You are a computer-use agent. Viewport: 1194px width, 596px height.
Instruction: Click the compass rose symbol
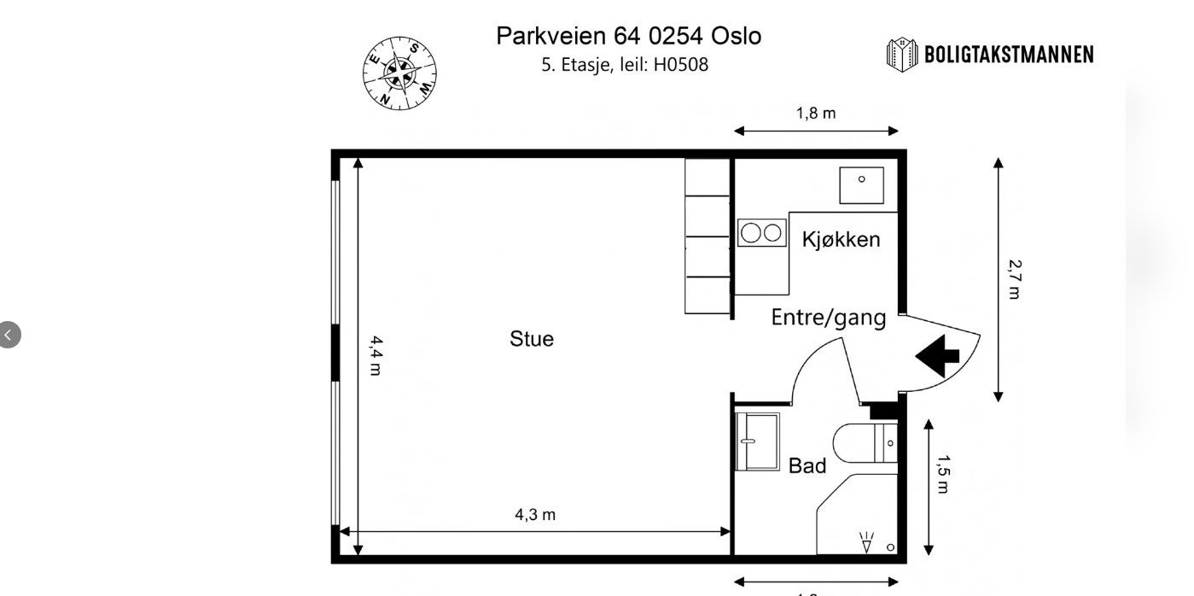point(399,74)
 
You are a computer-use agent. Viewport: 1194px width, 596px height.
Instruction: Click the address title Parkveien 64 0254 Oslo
point(628,36)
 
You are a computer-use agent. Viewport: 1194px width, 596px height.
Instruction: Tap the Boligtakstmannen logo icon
point(902,55)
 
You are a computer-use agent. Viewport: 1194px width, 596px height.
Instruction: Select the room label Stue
point(531,339)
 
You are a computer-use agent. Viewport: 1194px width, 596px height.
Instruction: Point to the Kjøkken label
point(841,239)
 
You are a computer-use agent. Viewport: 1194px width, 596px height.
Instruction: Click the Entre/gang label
point(828,318)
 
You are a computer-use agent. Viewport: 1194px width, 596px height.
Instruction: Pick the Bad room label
point(807,465)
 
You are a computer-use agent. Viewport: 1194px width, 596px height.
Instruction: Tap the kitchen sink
point(861,184)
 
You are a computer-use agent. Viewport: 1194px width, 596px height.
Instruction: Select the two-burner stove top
point(761,232)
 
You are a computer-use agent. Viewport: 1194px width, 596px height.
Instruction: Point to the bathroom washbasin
point(758,441)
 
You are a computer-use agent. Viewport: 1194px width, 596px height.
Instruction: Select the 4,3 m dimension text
point(535,514)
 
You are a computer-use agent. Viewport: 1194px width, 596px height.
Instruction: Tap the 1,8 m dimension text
point(816,113)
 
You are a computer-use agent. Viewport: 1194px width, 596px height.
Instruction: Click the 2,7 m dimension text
point(1014,279)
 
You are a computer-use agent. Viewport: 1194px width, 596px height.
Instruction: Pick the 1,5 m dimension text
point(943,475)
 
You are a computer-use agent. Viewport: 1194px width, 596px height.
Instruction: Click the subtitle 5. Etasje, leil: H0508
point(625,64)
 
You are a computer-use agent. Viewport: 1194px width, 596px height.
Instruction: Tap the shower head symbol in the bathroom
point(867,540)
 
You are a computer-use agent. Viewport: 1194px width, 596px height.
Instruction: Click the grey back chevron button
point(9,335)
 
